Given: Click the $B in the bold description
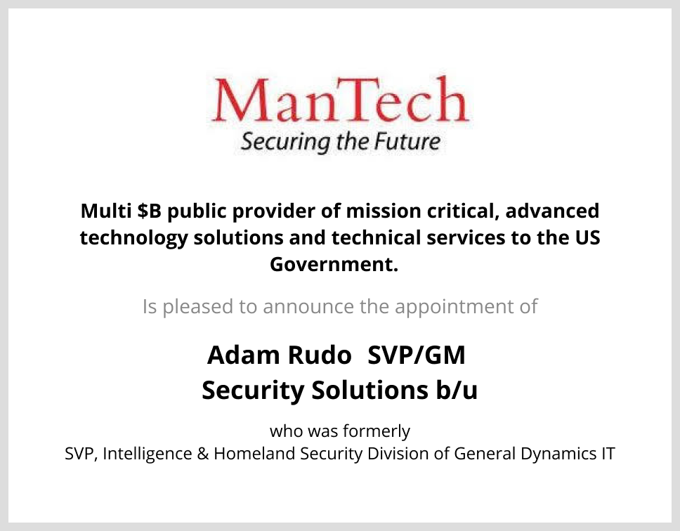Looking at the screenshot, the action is (x=149, y=211).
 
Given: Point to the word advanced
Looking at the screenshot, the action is (x=552, y=211).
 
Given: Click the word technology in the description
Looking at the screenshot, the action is (x=134, y=238).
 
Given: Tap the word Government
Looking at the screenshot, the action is (x=334, y=264).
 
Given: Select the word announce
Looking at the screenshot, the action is (x=308, y=307).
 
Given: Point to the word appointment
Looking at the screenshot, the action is (x=454, y=307).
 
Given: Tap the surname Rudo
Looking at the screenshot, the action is (x=320, y=355).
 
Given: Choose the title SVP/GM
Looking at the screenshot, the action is (x=417, y=355).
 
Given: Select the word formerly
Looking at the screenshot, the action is (x=377, y=431).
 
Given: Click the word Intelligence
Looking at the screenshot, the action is (x=148, y=454).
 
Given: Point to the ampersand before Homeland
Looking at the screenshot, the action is (x=202, y=454).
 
